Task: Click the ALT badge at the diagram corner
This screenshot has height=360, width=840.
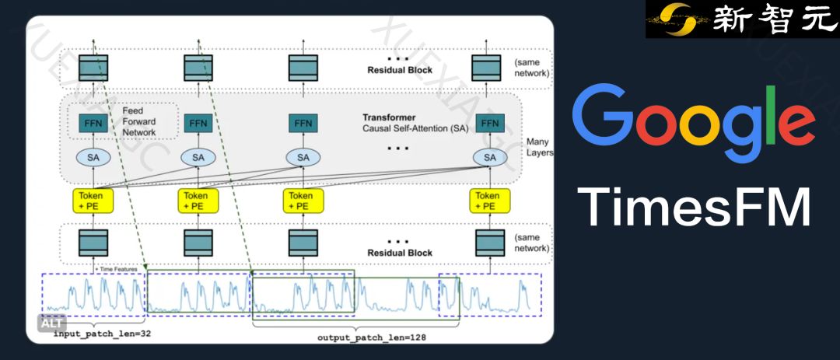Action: click(x=52, y=323)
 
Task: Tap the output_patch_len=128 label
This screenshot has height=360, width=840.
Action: click(x=372, y=338)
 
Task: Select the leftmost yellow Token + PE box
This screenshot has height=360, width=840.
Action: click(x=94, y=201)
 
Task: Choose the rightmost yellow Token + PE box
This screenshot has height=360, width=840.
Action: click(x=488, y=201)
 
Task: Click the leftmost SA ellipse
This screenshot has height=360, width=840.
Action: click(x=93, y=157)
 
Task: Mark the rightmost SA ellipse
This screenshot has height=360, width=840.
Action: click(x=490, y=157)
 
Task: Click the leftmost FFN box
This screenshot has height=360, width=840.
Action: click(x=93, y=123)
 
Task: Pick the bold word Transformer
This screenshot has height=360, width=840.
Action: click(x=389, y=117)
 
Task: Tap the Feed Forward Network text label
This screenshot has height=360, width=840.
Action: click(x=139, y=121)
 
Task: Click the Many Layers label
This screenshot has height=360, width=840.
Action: click(x=538, y=147)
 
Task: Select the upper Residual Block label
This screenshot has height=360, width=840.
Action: click(x=400, y=70)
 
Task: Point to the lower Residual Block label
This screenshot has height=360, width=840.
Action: click(x=400, y=253)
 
